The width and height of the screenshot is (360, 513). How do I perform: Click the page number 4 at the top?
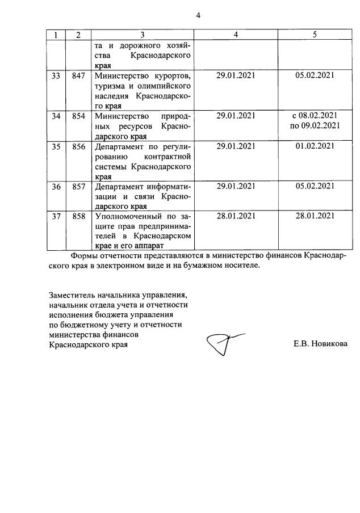pyautogui.click(x=198, y=15)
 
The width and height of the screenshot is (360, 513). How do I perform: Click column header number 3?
pyautogui.click(x=143, y=35)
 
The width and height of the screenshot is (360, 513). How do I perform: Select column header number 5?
pyautogui.click(x=314, y=35)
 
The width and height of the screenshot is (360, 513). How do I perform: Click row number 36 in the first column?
pyautogui.click(x=56, y=186)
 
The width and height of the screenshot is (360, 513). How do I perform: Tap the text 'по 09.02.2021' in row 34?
pyautogui.click(x=314, y=126)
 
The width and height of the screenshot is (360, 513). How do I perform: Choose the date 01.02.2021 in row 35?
pyautogui.click(x=314, y=146)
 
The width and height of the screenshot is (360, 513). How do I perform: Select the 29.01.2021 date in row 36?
pyautogui.click(x=236, y=186)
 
